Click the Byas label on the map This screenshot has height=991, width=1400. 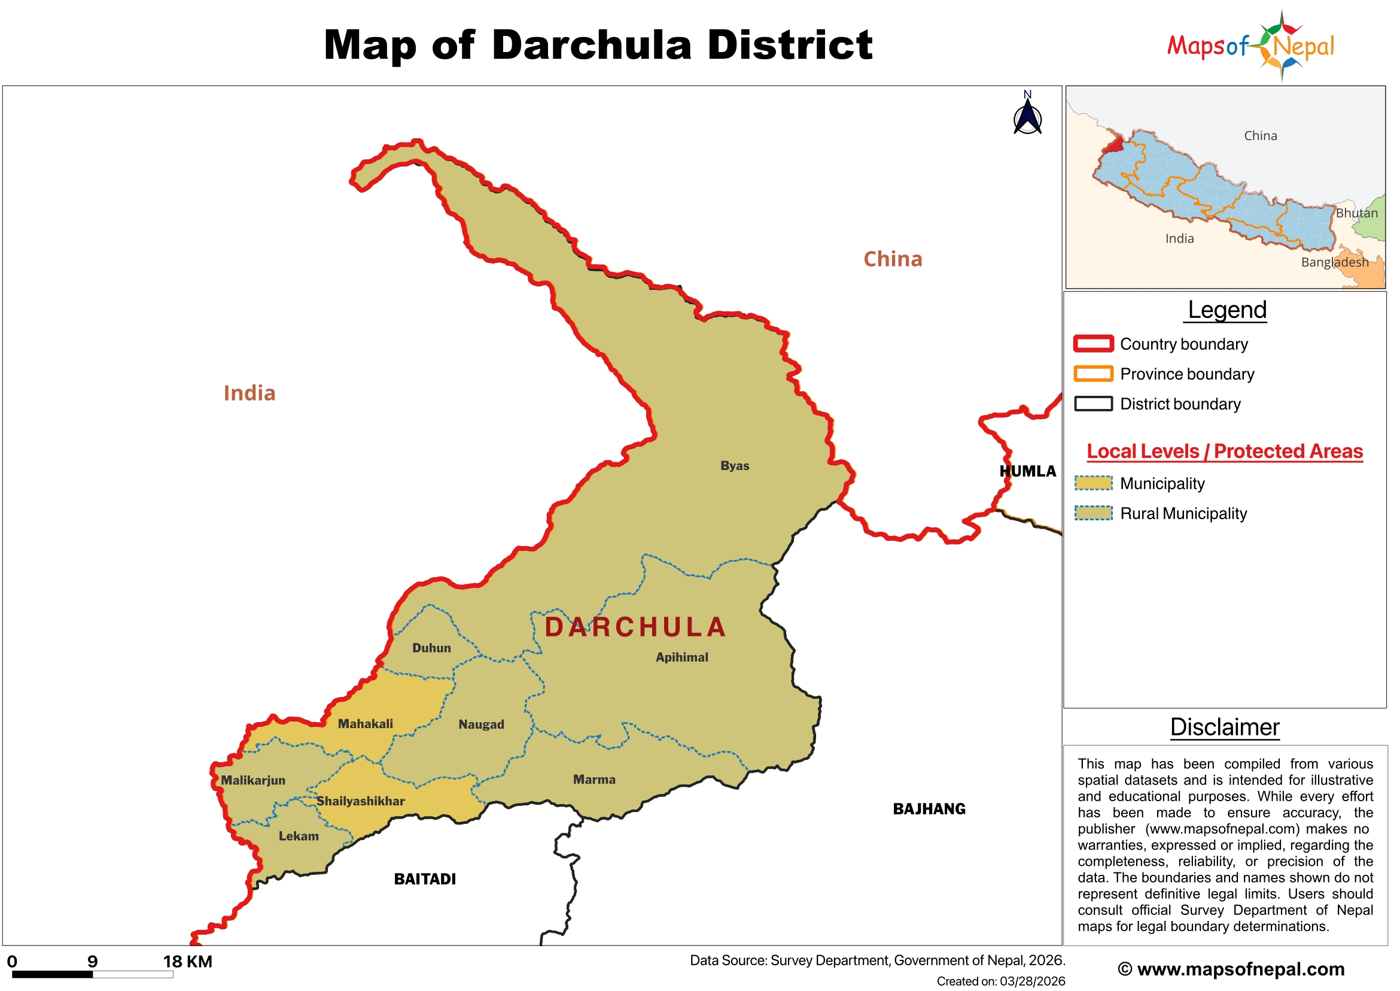coord(734,466)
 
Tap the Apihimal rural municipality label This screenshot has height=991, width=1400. coord(681,657)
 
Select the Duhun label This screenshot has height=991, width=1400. coord(431,648)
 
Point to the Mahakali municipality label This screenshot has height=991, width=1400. coord(365,724)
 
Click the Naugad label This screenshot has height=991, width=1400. coord(481,725)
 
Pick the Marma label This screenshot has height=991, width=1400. coord(594,779)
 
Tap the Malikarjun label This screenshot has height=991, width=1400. coord(253,780)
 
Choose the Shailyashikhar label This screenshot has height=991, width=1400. coord(360,801)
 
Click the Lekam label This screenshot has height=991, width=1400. coord(298,836)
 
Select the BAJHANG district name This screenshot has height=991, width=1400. coord(929,808)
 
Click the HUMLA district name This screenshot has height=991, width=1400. coord(1027,471)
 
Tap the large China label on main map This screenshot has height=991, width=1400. coord(892,259)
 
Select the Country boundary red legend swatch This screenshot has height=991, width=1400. coord(1093,344)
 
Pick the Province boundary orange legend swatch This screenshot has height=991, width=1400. coord(1093,374)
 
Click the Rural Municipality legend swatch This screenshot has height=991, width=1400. coord(1093,513)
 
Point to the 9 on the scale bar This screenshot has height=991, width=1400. coord(92,962)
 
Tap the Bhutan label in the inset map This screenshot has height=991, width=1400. coord(1356,213)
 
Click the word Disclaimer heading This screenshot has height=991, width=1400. coord(1224,728)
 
